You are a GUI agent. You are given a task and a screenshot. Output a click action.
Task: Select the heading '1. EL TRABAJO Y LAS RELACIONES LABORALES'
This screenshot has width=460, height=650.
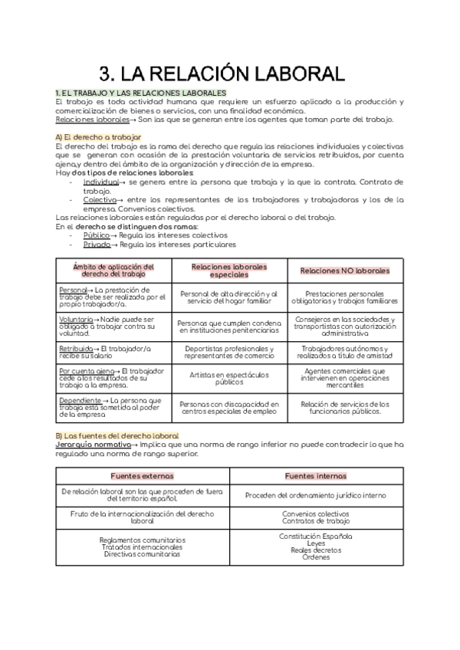[x=136, y=93]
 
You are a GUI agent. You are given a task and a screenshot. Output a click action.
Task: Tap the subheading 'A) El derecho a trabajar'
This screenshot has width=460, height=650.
[x=98, y=136]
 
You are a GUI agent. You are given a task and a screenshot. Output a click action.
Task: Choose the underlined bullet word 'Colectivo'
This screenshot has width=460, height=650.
[x=100, y=199]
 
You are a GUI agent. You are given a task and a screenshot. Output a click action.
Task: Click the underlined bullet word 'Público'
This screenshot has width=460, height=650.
[x=97, y=235]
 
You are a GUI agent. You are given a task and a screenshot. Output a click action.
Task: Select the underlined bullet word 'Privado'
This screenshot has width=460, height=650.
[x=97, y=245]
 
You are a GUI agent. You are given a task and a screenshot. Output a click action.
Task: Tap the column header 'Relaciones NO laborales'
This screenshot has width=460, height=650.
[x=345, y=271]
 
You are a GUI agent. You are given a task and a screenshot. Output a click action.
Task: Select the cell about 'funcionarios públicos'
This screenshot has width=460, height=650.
[x=345, y=406]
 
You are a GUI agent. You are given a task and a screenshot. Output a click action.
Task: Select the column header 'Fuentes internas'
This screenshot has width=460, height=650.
[x=315, y=475]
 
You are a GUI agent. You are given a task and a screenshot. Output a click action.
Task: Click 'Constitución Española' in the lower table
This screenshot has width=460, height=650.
[x=315, y=536]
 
